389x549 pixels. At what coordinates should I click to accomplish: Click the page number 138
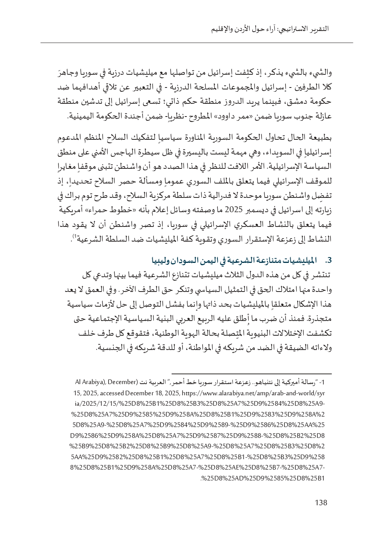(321, 503)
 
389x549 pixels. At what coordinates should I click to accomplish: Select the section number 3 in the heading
(330, 259)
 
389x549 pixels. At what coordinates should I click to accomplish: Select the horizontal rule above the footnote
(251, 374)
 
